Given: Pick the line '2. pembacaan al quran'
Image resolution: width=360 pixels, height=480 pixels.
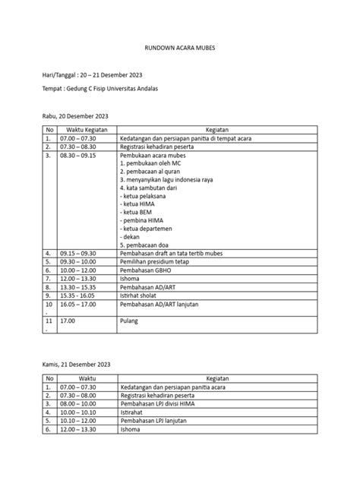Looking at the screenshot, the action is pos(149,171).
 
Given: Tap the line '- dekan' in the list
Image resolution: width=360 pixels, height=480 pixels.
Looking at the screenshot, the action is pos(132,235).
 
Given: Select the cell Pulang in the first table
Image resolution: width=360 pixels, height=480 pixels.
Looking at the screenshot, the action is pos(129,321).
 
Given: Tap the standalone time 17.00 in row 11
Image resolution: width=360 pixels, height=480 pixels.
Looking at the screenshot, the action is pos(68,321).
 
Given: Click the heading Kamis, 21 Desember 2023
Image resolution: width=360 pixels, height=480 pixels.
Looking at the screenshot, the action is pos(78,365).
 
